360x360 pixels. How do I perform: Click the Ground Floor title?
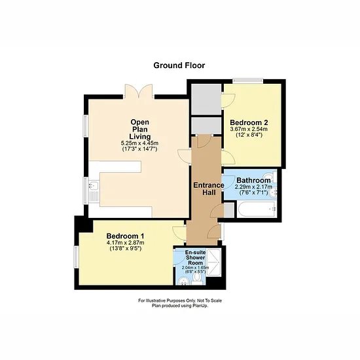[179, 65]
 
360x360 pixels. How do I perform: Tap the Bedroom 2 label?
[249, 122]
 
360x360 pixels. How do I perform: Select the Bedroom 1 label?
[126, 236]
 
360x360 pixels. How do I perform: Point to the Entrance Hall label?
[209, 189]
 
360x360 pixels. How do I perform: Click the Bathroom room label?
[253, 181]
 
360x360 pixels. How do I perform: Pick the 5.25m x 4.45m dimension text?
[139, 143]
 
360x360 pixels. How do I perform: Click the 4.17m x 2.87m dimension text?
[126, 243]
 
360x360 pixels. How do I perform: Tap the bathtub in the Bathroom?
[257, 209]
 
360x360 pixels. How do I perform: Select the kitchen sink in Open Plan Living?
[94, 185]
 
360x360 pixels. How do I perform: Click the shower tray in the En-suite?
[213, 262]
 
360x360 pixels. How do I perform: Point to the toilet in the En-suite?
[196, 278]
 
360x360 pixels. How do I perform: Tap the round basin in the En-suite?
[183, 281]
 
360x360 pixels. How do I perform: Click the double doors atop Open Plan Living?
[139, 92]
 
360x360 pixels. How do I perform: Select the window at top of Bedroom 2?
[247, 81]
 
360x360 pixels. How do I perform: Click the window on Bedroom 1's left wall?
[76, 257]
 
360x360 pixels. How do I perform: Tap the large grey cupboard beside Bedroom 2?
[206, 99]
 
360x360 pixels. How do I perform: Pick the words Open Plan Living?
[140, 129]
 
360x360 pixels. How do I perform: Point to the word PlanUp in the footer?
[200, 306]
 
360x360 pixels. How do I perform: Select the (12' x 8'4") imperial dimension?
[249, 135]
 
